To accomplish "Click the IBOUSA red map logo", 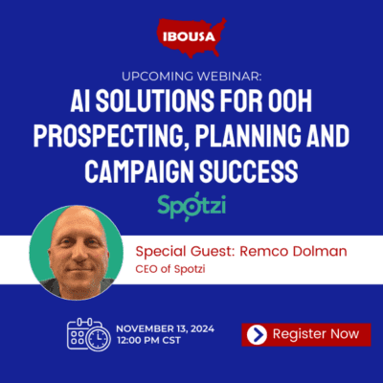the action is (x=191, y=37).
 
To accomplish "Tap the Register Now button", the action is (x=306, y=334).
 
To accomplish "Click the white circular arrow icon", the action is (x=257, y=334).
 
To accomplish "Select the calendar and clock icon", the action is (x=89, y=334).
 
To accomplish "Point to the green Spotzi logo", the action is (x=191, y=206).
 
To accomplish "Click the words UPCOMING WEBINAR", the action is (x=191, y=77).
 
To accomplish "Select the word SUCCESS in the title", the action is (x=249, y=170).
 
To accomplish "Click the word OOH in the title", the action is (x=288, y=101).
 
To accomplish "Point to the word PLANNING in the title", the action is (x=248, y=137).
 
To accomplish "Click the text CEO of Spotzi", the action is (x=170, y=269).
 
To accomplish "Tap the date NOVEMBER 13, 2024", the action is (x=165, y=328).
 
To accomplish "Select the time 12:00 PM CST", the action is (x=148, y=340).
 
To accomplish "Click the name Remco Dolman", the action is (x=293, y=252).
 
